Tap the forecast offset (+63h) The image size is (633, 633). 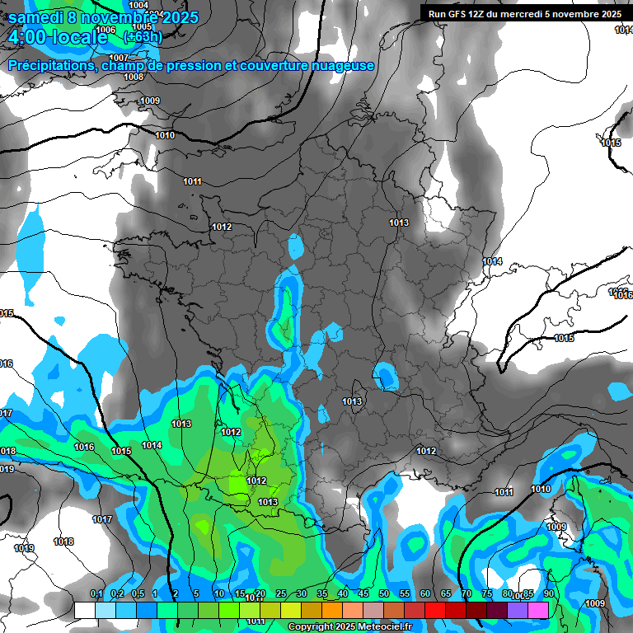(143, 36)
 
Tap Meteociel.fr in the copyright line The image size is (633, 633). (380, 627)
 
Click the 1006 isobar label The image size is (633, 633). (106, 30)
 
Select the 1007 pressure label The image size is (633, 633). (120, 58)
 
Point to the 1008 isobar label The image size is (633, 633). (134, 77)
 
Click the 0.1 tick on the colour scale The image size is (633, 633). (96, 594)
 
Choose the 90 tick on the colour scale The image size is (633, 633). (548, 594)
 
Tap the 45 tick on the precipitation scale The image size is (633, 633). (363, 594)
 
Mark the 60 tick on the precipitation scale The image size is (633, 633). (424, 594)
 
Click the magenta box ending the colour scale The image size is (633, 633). (538, 610)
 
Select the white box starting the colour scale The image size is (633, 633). (85, 610)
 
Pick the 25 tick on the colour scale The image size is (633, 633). (280, 594)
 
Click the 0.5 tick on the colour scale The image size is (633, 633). (137, 594)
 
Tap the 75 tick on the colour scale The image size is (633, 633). (486, 594)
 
